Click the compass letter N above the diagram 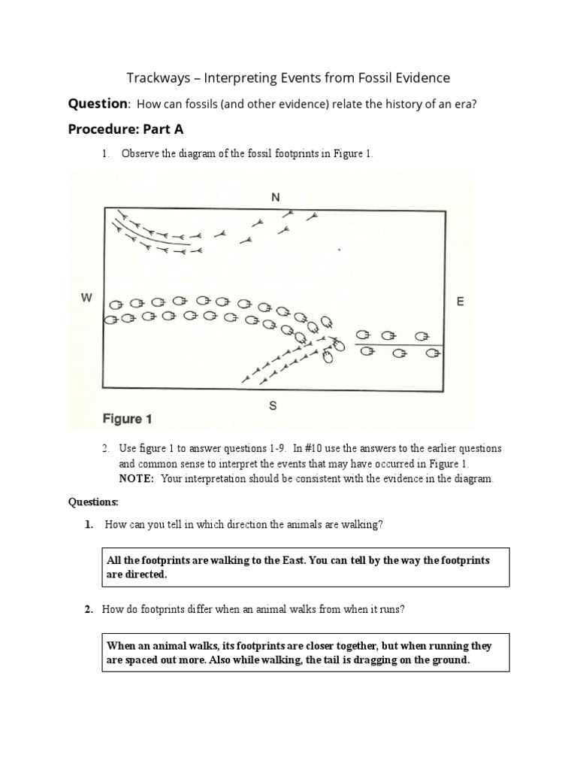[275, 197]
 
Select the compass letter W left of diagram [86, 299]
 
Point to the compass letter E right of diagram [460, 302]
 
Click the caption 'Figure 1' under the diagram [128, 419]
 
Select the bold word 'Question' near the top [98, 104]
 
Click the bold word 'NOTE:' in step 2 [135, 479]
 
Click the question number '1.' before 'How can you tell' [89, 524]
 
